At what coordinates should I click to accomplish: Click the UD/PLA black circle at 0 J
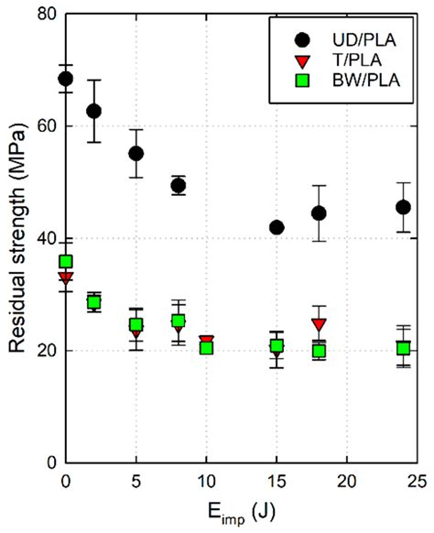tap(65, 78)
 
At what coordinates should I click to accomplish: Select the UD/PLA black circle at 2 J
tap(93, 111)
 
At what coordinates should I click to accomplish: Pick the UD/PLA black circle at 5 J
tap(136, 153)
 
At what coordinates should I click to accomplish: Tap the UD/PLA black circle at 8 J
tap(179, 185)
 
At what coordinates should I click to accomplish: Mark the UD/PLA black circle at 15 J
tap(277, 227)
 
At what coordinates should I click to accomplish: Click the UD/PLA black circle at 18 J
tap(319, 212)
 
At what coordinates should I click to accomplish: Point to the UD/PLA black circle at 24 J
tap(403, 207)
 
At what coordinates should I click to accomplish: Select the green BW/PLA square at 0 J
tap(65, 261)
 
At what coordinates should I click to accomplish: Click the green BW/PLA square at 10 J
tap(206, 347)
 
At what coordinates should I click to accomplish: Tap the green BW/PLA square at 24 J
tap(403, 348)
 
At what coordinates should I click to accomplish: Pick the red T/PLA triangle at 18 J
tap(319, 324)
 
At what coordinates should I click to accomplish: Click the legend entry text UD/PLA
tap(360, 39)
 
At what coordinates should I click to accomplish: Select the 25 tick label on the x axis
tap(417, 481)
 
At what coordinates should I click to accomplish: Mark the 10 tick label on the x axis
tap(206, 481)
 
